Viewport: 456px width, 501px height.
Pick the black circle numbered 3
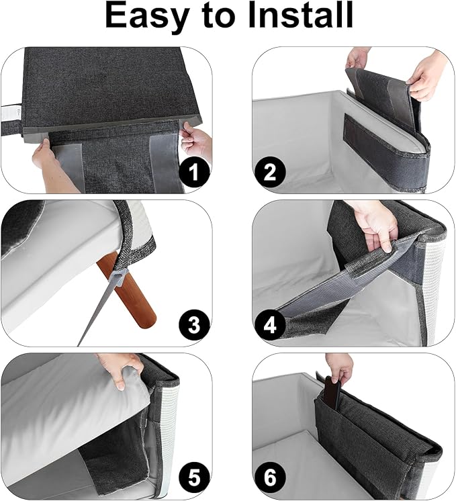click(x=194, y=326)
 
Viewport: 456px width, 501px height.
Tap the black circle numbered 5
click(x=194, y=480)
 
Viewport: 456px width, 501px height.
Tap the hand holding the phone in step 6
click(x=340, y=367)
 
